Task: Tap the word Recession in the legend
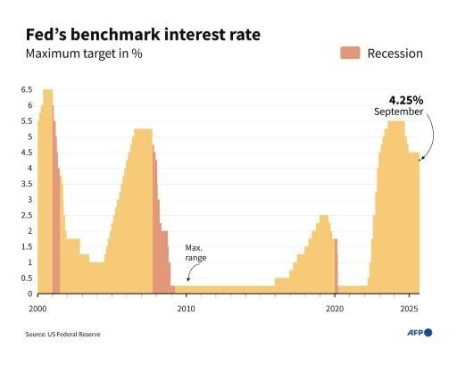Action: click(x=395, y=53)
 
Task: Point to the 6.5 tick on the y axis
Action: click(x=26, y=89)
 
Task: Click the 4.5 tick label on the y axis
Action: click(x=26, y=153)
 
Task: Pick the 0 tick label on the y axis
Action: click(x=29, y=294)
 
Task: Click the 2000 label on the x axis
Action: click(x=37, y=308)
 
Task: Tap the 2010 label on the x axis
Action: click(x=186, y=308)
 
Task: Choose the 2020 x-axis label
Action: click(x=335, y=308)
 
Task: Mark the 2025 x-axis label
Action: click(x=409, y=308)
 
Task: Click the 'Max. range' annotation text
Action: click(x=195, y=252)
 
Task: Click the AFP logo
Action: click(x=416, y=332)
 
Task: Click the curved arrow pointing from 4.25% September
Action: click(x=430, y=138)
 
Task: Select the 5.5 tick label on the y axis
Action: click(x=26, y=121)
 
